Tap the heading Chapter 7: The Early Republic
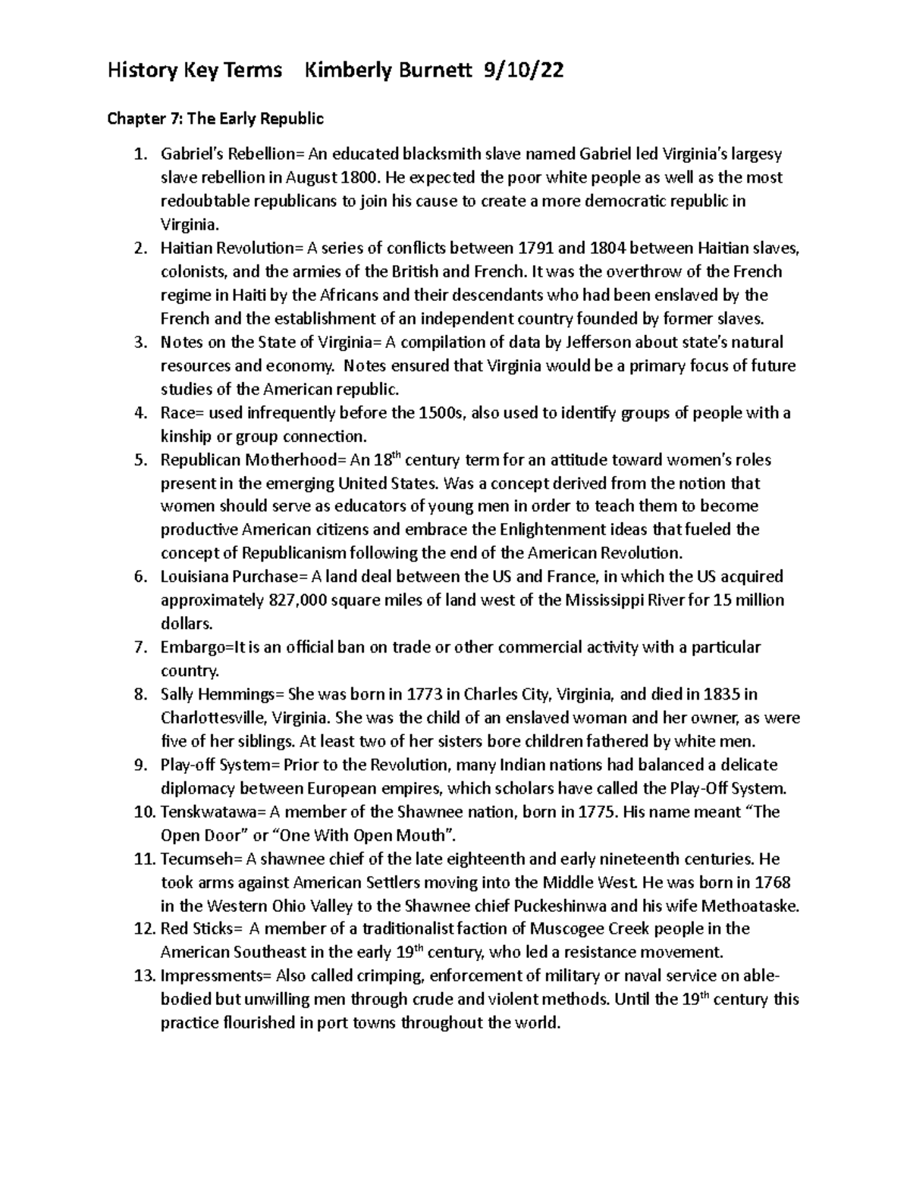[215, 119]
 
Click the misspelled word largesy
[755, 155]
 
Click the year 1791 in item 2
[536, 249]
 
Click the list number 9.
[140, 765]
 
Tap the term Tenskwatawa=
[213, 812]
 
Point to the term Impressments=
[216, 976]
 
